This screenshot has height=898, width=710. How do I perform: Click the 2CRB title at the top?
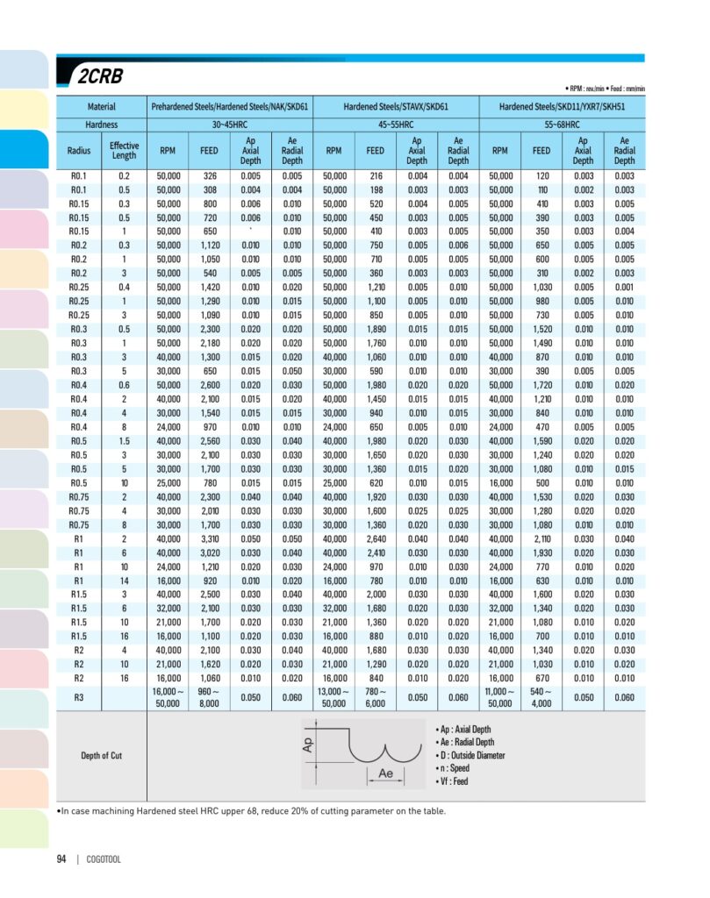click(x=99, y=76)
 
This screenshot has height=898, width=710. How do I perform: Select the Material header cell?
click(x=101, y=107)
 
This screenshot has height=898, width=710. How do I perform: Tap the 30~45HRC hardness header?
click(x=230, y=125)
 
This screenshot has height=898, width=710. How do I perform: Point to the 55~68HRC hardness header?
click(x=562, y=125)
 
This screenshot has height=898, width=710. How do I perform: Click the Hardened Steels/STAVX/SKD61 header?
click(x=396, y=107)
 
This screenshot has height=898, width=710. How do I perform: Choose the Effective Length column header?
click(x=124, y=150)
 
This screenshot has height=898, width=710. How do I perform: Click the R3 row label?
click(x=78, y=697)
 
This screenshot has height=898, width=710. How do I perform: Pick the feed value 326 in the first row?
click(x=209, y=176)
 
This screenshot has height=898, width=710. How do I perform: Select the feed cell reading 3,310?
click(x=209, y=538)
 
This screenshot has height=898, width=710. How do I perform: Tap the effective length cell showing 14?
click(x=124, y=581)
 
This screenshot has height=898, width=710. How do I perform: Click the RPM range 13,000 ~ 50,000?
click(x=333, y=697)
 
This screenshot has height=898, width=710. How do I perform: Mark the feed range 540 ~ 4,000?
click(x=541, y=697)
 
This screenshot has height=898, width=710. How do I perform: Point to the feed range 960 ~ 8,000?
click(x=209, y=697)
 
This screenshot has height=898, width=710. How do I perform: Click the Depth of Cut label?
click(x=101, y=755)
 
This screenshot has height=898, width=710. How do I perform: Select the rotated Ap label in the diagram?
click(x=307, y=744)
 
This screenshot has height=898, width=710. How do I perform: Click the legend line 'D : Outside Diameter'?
click(x=470, y=755)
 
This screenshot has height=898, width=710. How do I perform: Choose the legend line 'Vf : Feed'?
click(x=452, y=780)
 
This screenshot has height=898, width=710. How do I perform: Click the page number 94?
click(x=61, y=859)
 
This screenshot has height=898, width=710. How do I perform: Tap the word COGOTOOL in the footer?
click(x=104, y=859)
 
